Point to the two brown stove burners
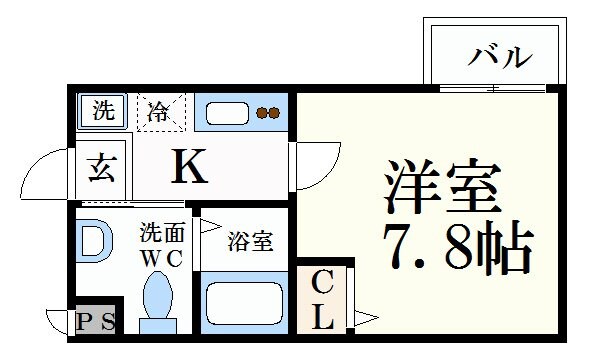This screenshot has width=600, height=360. click(x=267, y=113)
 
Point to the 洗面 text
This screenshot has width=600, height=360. click(x=161, y=234)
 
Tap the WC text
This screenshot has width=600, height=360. click(x=160, y=257)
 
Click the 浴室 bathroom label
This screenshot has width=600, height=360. click(x=247, y=241)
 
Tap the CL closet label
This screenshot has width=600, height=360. click(x=322, y=299)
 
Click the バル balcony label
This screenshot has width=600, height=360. click(x=499, y=57)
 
